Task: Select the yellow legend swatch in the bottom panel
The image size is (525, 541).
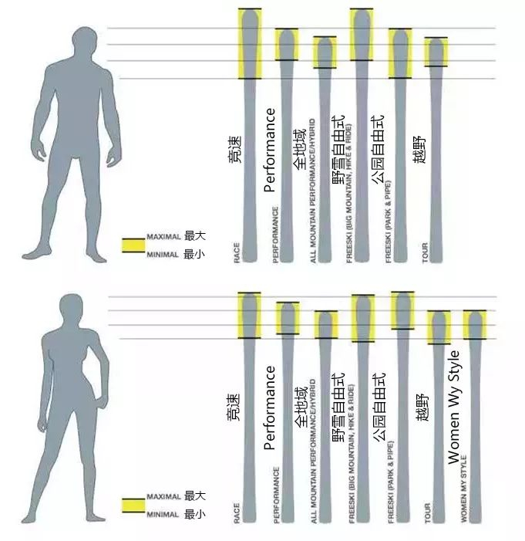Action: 133,506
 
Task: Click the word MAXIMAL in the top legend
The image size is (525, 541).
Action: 163,236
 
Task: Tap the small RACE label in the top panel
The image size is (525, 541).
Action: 237,252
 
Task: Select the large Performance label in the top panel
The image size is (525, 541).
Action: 270,150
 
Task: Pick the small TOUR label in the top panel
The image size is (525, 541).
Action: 426,253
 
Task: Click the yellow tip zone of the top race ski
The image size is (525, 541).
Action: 250,43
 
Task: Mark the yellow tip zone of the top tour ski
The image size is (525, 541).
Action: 436,52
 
